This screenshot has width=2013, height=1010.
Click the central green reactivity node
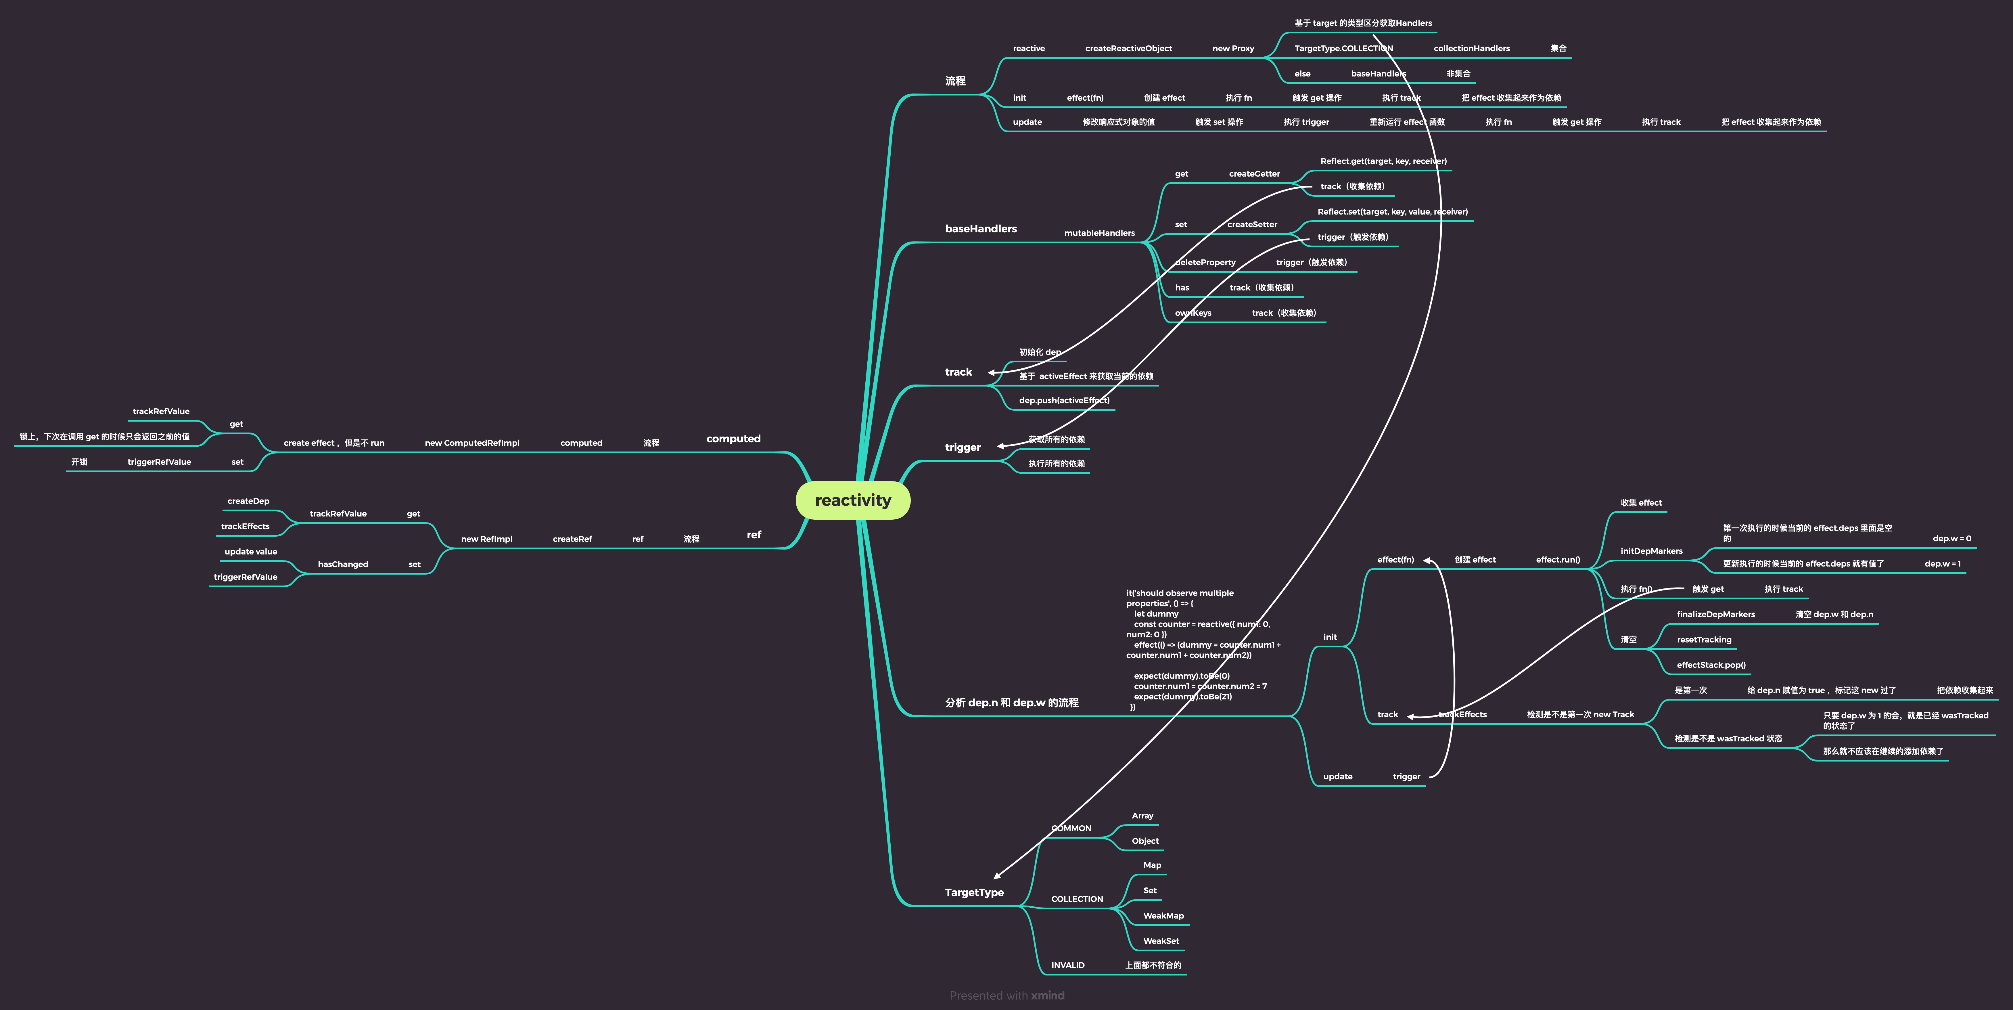(x=853, y=500)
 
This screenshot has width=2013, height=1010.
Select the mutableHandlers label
(x=1099, y=233)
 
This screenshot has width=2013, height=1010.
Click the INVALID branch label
(x=1067, y=965)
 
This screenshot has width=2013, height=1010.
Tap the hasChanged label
(x=342, y=565)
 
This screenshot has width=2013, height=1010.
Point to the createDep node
(x=248, y=501)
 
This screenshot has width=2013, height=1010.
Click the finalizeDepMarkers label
(x=1715, y=615)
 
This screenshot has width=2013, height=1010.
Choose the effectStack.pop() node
(x=1711, y=665)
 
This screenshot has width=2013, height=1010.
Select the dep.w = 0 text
(x=1951, y=539)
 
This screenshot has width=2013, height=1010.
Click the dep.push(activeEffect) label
(x=1063, y=400)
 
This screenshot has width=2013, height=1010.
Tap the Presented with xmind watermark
(x=1006, y=995)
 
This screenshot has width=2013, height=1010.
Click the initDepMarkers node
(x=1651, y=551)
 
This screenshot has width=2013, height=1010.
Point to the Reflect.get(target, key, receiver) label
(x=1382, y=161)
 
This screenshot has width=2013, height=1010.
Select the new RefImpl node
(x=486, y=540)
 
